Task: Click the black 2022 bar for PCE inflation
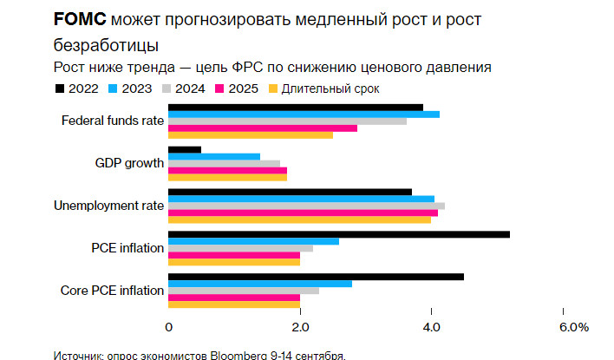(x=338, y=234)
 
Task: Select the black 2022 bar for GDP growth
(x=184, y=149)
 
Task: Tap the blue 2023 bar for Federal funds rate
(x=304, y=115)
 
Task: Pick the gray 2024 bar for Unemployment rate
(x=305, y=206)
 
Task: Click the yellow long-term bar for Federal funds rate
(x=250, y=135)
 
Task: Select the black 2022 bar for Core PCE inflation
(x=316, y=277)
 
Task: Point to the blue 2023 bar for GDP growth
(x=213, y=156)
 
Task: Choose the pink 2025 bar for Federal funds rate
(x=262, y=128)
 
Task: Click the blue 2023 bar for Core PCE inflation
(x=259, y=284)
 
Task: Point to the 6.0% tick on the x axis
(x=573, y=327)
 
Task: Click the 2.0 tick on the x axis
(x=300, y=327)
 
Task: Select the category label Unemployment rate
(x=108, y=206)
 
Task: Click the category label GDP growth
(x=129, y=163)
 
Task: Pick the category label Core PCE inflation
(x=112, y=291)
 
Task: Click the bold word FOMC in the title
(x=81, y=19)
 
